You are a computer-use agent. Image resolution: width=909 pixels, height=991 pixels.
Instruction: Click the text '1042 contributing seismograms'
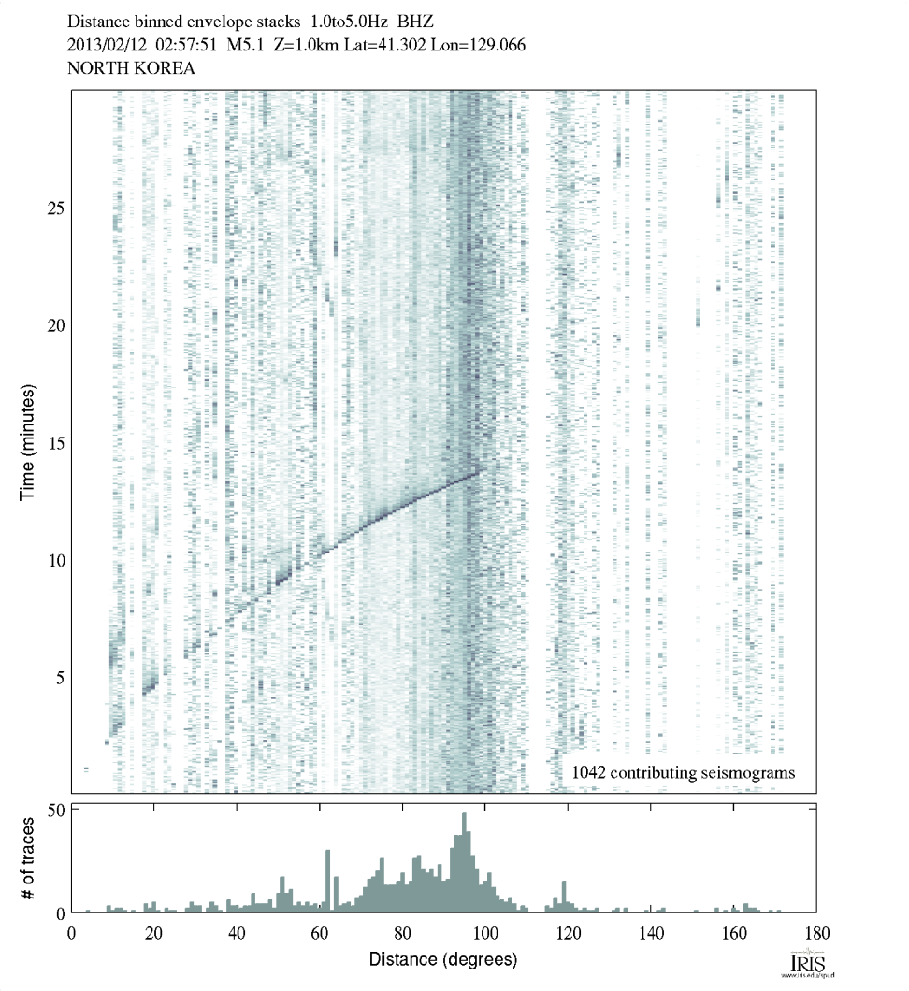pos(684,772)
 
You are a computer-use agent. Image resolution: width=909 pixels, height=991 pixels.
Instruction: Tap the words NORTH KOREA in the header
pos(132,67)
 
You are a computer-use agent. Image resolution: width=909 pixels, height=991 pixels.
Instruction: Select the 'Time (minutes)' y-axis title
pos(27,440)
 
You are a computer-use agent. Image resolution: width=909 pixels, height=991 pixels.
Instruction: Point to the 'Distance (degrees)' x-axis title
pos(442,959)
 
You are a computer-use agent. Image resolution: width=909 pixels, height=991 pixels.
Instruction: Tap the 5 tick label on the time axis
pos(59,677)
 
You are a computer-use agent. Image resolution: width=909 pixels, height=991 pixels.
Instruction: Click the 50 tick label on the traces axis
pos(55,810)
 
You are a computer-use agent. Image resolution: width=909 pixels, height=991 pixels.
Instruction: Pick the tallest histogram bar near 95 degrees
pos(464,863)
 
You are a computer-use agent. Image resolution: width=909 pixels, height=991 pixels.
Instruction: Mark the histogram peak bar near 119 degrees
pos(563,897)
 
